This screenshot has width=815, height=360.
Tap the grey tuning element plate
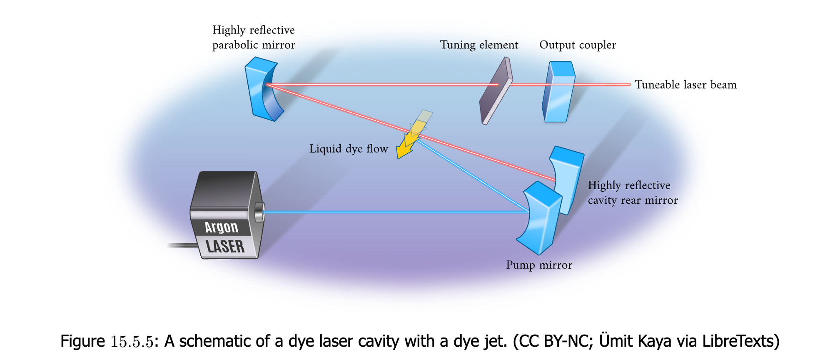point(496,92)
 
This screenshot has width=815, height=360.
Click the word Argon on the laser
point(222,227)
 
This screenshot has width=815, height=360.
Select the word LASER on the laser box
point(225,247)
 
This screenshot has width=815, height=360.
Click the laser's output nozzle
point(259,212)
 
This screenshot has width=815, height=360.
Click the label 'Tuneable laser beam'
point(685,85)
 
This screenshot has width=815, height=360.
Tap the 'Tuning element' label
point(479,45)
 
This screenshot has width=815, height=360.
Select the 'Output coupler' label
point(578,45)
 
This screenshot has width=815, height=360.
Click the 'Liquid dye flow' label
point(349,149)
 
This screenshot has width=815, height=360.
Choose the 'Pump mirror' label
point(539,265)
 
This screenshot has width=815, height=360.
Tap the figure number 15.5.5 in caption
point(132,342)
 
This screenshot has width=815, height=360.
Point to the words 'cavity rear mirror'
point(633,200)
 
